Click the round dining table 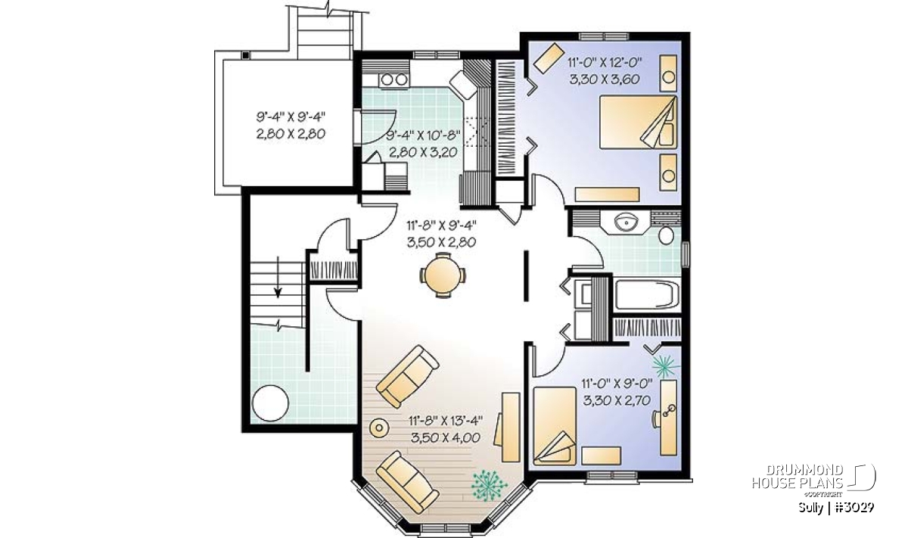[x=443, y=275]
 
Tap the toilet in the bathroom [x=666, y=235]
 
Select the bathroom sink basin [x=626, y=222]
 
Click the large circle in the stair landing [x=270, y=403]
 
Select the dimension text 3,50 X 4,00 [x=446, y=438]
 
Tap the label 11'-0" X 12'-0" [x=605, y=63]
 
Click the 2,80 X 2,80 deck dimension [x=291, y=134]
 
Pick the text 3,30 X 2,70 [x=617, y=400]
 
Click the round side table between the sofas [x=379, y=428]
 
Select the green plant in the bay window [x=489, y=485]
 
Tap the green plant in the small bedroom [x=665, y=365]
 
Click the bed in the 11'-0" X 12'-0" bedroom [x=638, y=122]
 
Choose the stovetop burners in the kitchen [x=394, y=80]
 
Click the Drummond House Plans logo [x=813, y=482]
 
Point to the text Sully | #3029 [x=836, y=508]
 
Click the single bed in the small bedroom [x=555, y=426]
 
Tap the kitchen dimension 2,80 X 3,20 [x=423, y=152]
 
